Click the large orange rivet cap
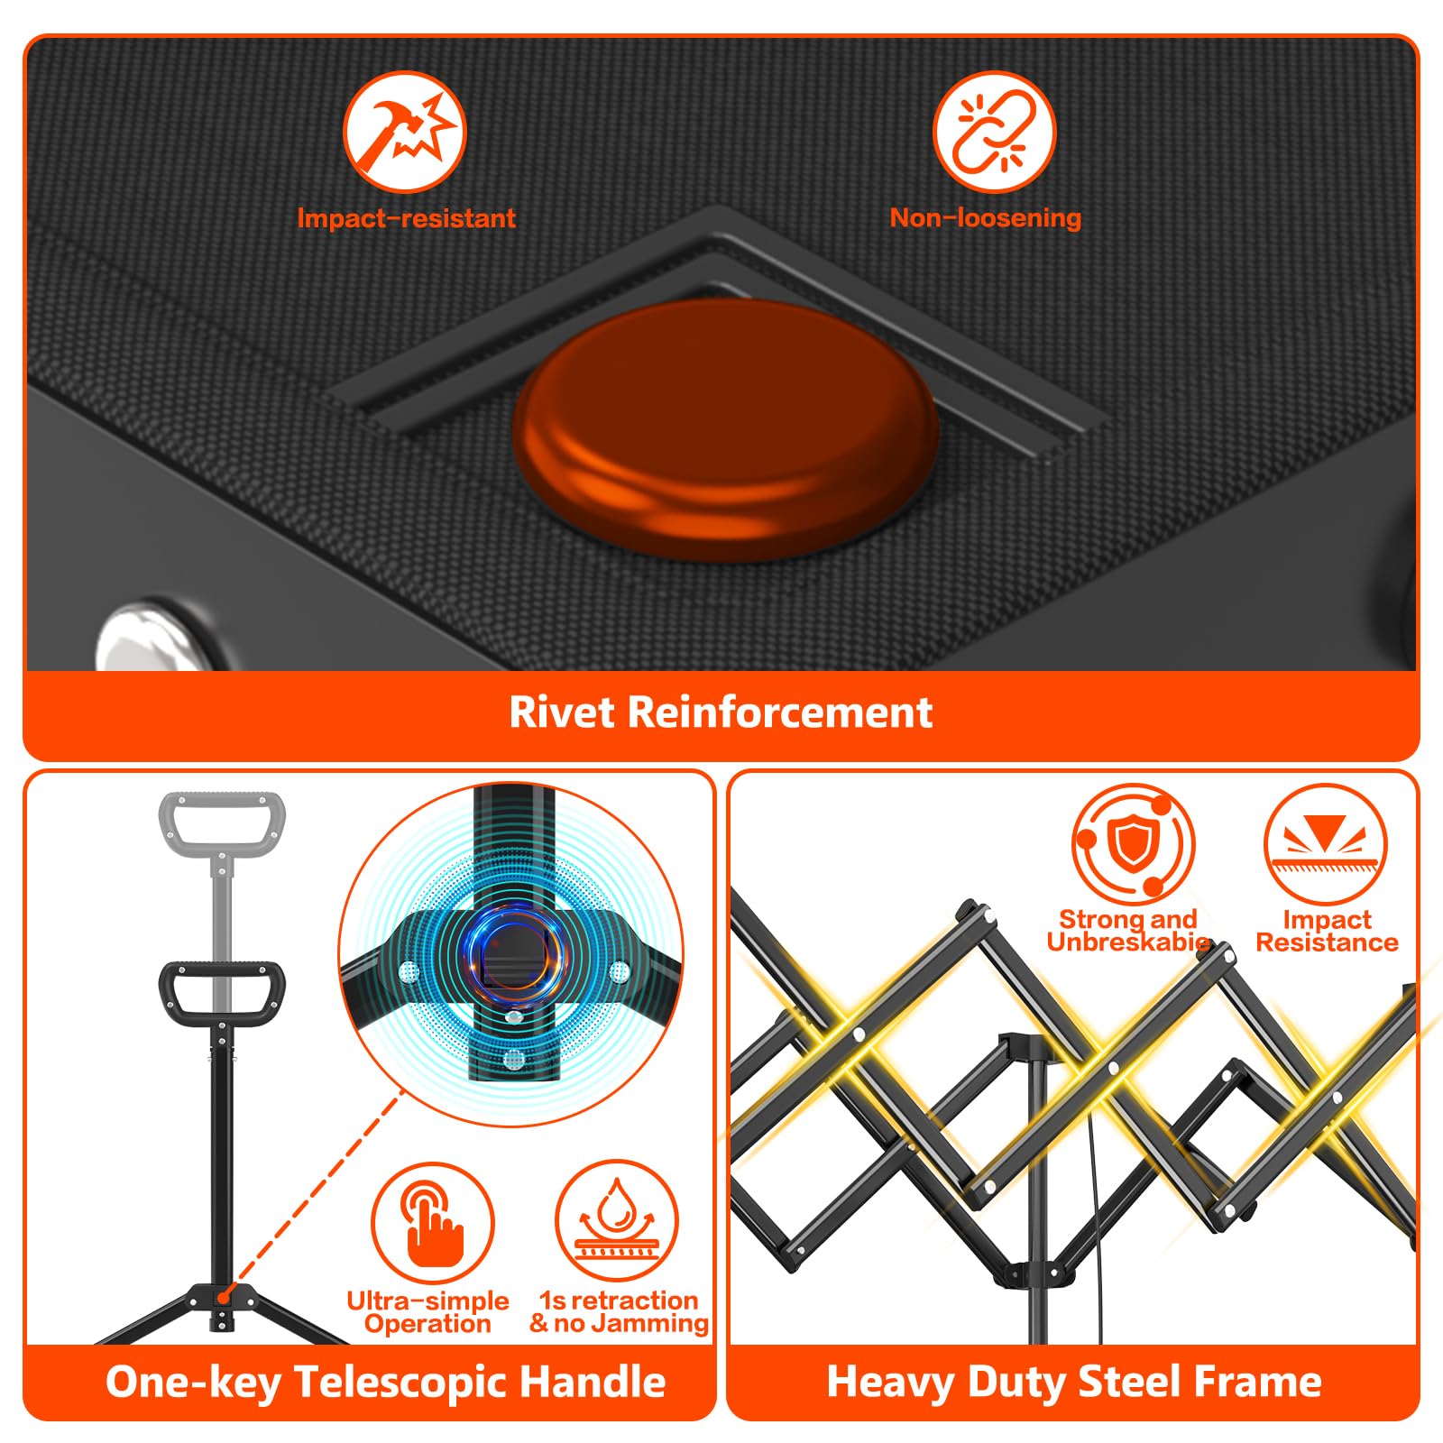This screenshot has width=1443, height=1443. pyautogui.click(x=726, y=429)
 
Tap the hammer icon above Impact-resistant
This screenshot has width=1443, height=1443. pyautogui.click(x=405, y=132)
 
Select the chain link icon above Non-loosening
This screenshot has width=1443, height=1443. pyautogui.click(x=994, y=132)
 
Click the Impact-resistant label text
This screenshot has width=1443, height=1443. pyautogui.click(x=406, y=218)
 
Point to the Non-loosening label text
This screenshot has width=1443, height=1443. pyautogui.click(x=986, y=217)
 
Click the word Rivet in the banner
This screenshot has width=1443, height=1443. pyautogui.click(x=562, y=712)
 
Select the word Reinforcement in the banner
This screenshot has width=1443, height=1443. pyautogui.click(x=780, y=712)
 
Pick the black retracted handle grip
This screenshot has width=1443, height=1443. pyautogui.click(x=222, y=992)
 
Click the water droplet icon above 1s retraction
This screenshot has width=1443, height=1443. pyautogui.click(x=617, y=1223)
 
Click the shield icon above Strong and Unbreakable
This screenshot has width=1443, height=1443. pyautogui.click(x=1133, y=844)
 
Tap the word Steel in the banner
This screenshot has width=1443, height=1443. pyautogui.click(x=1123, y=1382)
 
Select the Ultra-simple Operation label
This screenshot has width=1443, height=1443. pyautogui.click(x=428, y=1312)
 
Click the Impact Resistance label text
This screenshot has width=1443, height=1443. pyautogui.click(x=1327, y=931)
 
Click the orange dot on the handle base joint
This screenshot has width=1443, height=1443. pyautogui.click(x=222, y=1297)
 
